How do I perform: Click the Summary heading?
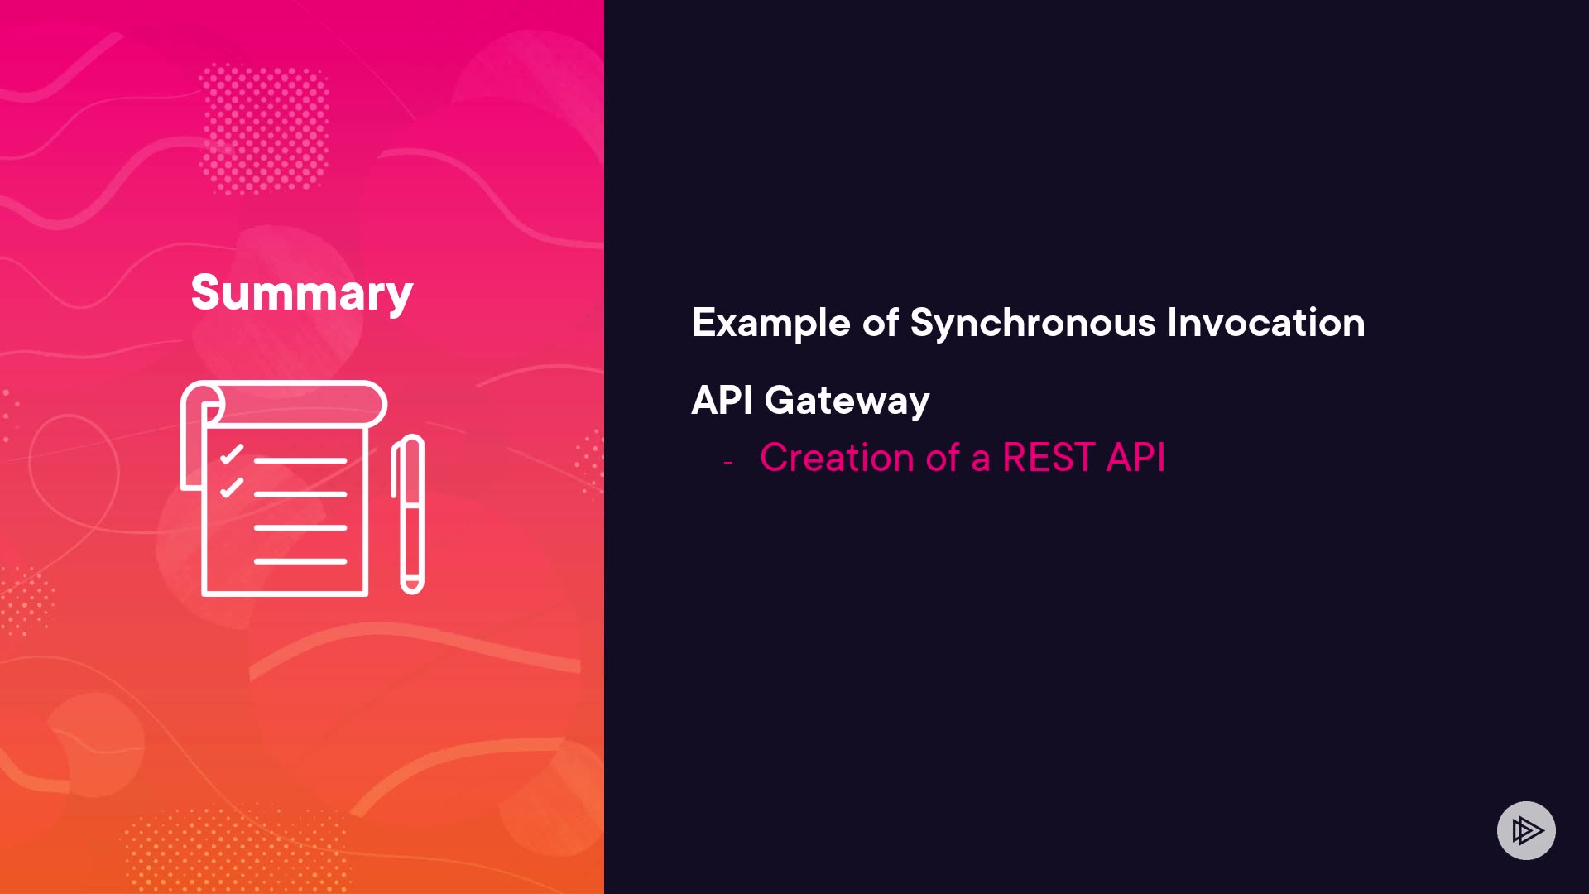pyautogui.click(x=302, y=293)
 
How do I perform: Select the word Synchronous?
pyautogui.click(x=1033, y=323)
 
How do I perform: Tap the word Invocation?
pyautogui.click(x=1266, y=322)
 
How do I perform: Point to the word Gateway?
pyautogui.click(x=847, y=401)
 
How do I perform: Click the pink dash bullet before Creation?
pyautogui.click(x=728, y=462)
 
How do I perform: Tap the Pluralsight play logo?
pyautogui.click(x=1526, y=830)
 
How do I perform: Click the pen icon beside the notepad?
pyautogui.click(x=408, y=514)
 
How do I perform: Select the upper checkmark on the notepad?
pyautogui.click(x=232, y=454)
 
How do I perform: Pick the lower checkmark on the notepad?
pyautogui.click(x=232, y=488)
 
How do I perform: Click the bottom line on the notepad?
pyautogui.click(x=300, y=561)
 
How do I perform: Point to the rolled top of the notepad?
pyautogui.click(x=284, y=403)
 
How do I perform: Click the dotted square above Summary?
pyautogui.click(x=264, y=128)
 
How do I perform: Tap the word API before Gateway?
pyautogui.click(x=722, y=401)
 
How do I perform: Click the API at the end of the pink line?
pyautogui.click(x=1136, y=457)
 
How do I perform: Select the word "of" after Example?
pyautogui.click(x=881, y=323)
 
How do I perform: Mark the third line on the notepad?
pyautogui.click(x=300, y=527)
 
